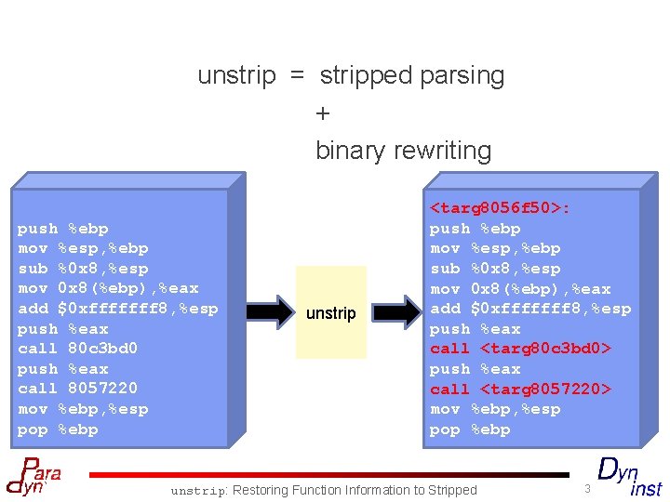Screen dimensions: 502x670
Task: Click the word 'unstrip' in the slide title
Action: tap(236, 75)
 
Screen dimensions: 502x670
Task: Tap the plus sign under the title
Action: tap(323, 113)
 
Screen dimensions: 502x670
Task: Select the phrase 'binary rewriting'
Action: tap(403, 150)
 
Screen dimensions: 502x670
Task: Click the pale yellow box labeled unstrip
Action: tap(331, 312)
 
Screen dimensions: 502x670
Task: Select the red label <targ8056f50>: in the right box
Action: tap(500, 208)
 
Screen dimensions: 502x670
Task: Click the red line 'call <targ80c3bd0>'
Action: tap(520, 349)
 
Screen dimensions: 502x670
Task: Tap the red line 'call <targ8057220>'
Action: tap(520, 389)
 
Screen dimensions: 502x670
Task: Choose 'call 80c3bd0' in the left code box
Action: tap(78, 349)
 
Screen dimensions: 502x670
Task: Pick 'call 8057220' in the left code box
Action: tap(78, 389)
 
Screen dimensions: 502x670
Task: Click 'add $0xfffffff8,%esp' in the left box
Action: tap(118, 309)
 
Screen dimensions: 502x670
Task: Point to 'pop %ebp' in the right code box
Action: tap(470, 429)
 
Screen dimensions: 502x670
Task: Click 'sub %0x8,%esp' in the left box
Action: tap(83, 269)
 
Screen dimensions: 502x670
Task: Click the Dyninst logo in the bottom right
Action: tap(629, 476)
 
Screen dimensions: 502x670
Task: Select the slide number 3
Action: tap(587, 488)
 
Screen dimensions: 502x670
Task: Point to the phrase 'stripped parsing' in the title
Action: tap(412, 75)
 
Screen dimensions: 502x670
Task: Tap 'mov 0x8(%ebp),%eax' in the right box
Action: tap(520, 289)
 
